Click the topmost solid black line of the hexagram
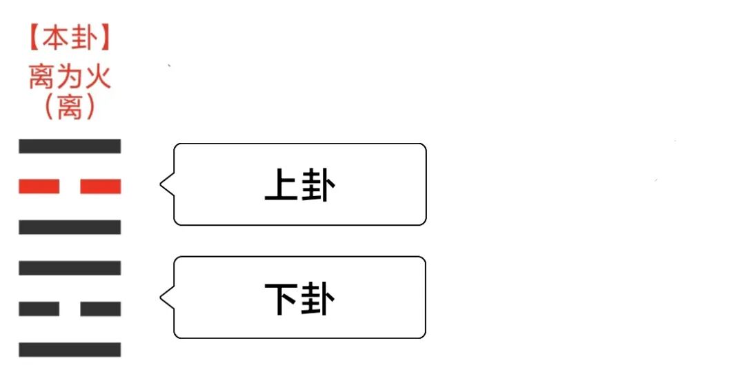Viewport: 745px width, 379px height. (70, 146)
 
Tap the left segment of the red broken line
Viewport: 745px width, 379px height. (39, 186)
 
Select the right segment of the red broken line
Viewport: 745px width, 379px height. (101, 186)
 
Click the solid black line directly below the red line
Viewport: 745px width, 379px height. (70, 227)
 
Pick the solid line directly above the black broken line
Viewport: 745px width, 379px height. (70, 268)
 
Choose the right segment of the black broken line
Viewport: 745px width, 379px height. (101, 309)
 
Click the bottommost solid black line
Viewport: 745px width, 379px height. (70, 349)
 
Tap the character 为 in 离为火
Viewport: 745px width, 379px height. (70, 76)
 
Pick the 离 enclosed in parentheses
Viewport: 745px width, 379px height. (70, 107)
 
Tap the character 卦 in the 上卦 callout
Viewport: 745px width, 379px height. (317, 185)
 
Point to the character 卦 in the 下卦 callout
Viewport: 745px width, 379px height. (317, 298)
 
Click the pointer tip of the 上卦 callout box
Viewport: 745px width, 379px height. (161, 185)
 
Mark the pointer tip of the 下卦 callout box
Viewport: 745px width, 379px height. (161, 298)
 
